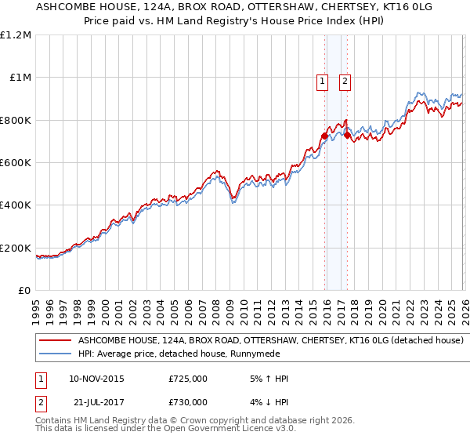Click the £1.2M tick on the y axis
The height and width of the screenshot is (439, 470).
coord(16,35)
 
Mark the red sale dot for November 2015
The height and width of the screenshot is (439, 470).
coord(324,136)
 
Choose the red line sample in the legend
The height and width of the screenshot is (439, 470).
coord(55,341)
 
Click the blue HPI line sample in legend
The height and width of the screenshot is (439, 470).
coord(55,354)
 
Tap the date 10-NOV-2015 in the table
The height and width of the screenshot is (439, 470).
coord(96,379)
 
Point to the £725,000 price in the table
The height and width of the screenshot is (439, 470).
coord(188,379)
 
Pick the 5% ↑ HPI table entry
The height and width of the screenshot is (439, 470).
coord(267,379)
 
